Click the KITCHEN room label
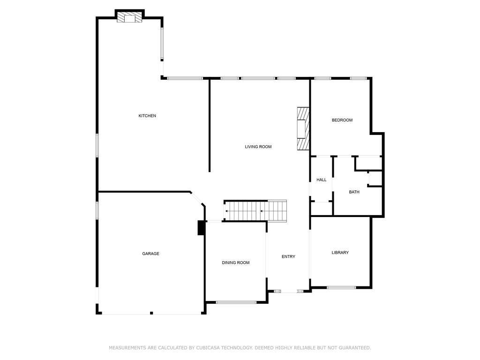147,116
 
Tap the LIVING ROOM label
258,147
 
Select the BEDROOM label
342,120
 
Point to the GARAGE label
150,254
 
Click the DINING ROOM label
236,262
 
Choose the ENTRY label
288,256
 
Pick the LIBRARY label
340,253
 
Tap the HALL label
321,180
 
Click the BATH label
354,192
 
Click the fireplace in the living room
303,129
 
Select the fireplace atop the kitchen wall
129,17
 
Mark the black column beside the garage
201,227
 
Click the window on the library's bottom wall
341,287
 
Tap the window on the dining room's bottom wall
236,302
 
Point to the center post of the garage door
151,313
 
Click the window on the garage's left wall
97,210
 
